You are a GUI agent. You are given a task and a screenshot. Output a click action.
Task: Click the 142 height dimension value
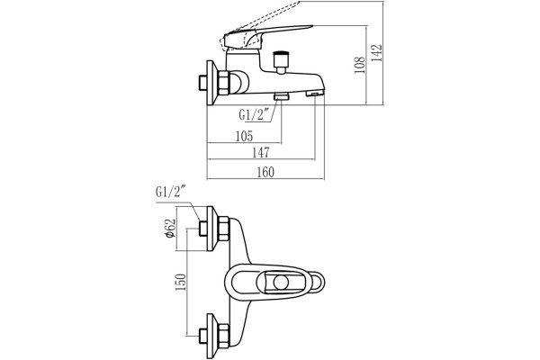point(378,53)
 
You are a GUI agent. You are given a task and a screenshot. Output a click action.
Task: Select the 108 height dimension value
point(359,66)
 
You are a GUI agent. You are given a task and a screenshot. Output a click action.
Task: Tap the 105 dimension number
point(244,137)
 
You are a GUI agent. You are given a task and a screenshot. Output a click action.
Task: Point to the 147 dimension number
point(261,153)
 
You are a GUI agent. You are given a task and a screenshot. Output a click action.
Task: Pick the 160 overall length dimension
point(265,172)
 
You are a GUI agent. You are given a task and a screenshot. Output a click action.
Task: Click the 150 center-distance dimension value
point(181,282)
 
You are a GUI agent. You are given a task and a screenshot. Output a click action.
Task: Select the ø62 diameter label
point(170,229)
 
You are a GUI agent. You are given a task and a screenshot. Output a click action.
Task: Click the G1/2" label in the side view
point(254,114)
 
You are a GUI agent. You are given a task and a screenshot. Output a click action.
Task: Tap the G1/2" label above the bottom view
point(171,191)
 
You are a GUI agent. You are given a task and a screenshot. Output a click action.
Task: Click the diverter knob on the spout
point(281,61)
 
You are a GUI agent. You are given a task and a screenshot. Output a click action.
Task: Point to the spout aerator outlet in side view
point(315,94)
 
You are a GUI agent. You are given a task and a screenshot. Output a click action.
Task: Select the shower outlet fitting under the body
point(282,96)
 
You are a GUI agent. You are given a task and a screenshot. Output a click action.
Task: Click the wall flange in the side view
point(211,83)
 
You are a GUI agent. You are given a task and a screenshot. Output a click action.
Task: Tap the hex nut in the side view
point(224,83)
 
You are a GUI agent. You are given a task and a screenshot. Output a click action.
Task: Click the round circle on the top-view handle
point(281,283)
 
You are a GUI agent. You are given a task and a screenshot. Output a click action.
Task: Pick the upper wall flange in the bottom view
point(212,229)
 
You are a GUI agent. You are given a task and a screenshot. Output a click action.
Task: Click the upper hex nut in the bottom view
point(224,229)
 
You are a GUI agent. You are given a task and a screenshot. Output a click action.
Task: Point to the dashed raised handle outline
point(258,26)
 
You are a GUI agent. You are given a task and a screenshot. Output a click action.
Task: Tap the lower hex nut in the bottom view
point(224,336)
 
